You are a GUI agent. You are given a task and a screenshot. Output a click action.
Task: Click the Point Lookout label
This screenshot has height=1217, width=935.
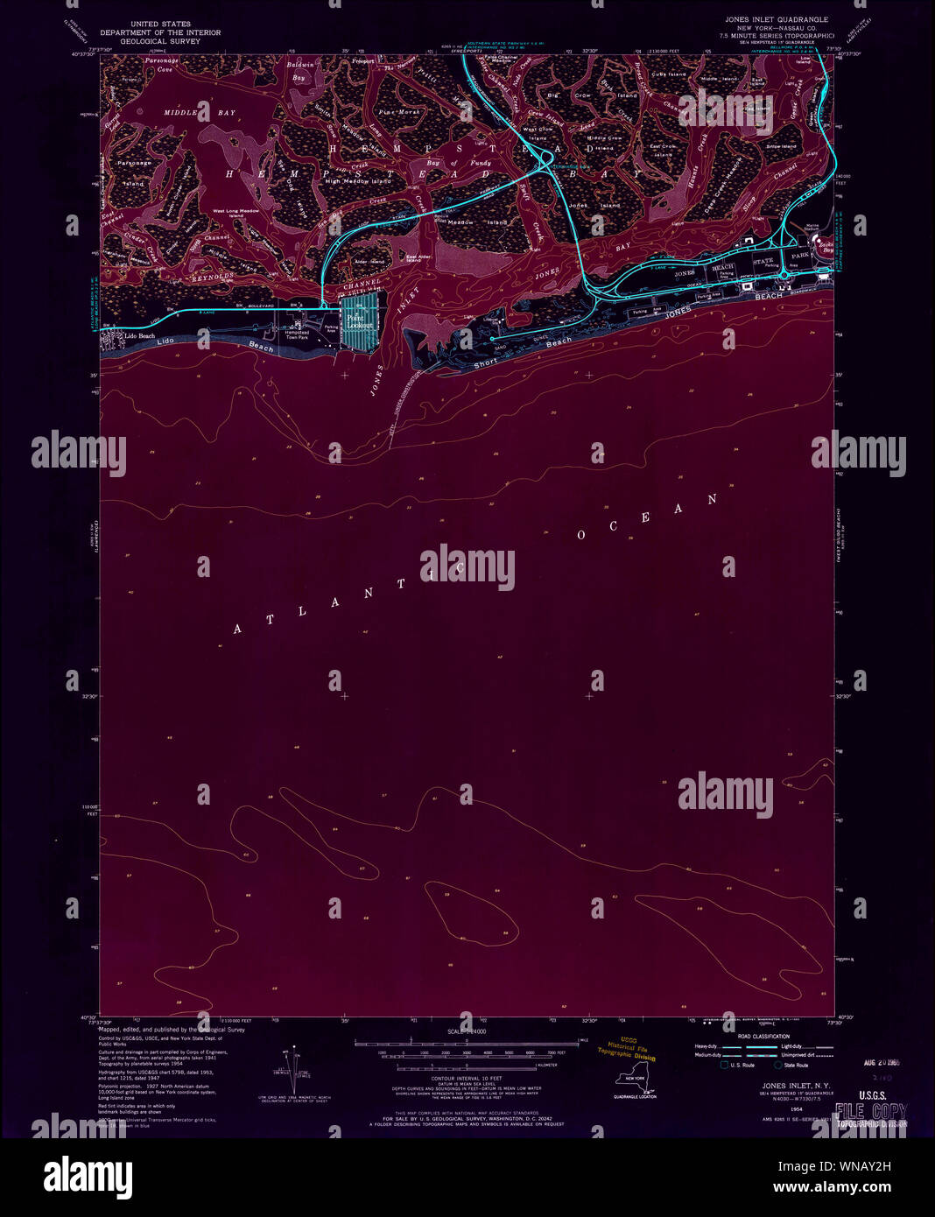360,320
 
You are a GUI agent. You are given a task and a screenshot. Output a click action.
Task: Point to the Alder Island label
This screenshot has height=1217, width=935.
370,261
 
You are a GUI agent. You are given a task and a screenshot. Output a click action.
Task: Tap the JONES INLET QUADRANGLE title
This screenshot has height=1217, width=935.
776,19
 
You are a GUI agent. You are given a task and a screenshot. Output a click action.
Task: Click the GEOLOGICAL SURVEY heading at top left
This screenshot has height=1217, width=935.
160,41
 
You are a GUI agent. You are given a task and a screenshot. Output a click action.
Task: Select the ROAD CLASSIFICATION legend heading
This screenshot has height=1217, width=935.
763,1036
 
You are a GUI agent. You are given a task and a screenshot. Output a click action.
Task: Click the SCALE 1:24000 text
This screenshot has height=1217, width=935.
467,1032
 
